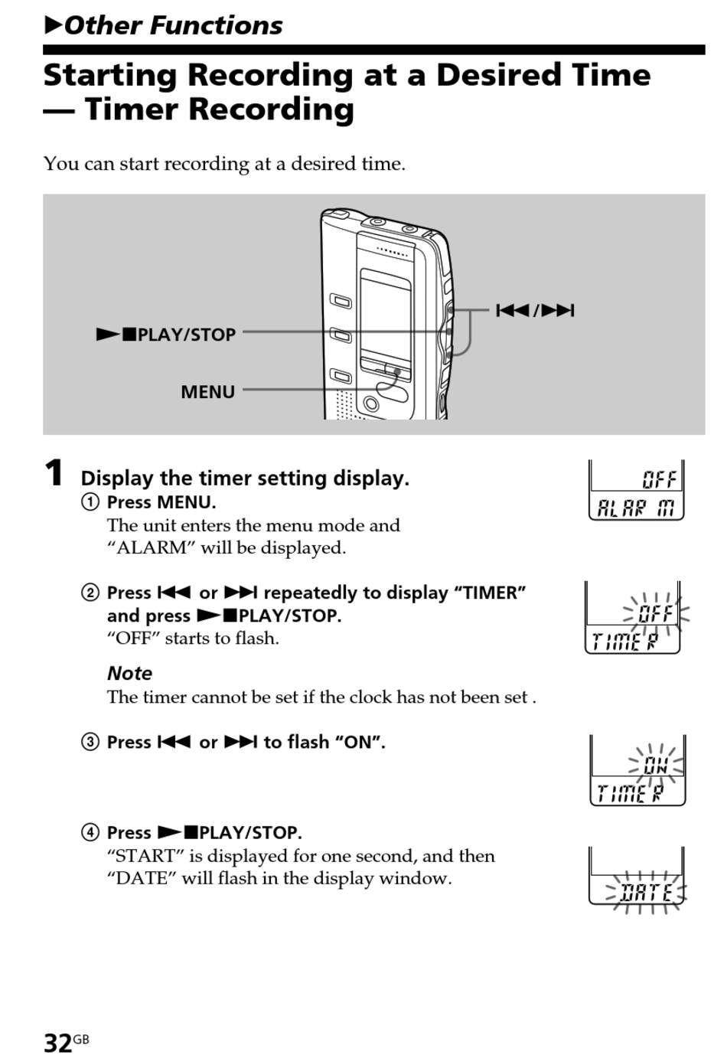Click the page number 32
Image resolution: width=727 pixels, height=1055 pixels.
click(x=57, y=1042)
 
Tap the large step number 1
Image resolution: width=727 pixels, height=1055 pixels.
click(x=54, y=473)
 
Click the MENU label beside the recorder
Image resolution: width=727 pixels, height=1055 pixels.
click(x=207, y=392)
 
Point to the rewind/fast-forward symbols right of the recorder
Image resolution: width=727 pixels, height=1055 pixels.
click(x=535, y=310)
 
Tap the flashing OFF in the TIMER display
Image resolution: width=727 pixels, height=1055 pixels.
click(x=656, y=613)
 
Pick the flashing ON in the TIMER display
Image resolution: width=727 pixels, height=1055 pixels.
click(x=656, y=765)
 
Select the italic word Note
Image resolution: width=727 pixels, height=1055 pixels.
click(x=129, y=673)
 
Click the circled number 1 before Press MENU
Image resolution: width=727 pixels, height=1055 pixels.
click(x=90, y=502)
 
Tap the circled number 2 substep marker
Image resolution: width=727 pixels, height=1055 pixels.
click(x=90, y=593)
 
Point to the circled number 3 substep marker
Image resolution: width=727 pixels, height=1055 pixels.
click(x=90, y=742)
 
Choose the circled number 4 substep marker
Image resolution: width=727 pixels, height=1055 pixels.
click(x=90, y=832)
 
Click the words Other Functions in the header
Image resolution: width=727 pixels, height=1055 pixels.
click(x=173, y=25)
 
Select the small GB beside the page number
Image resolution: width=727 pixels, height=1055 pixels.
click(x=81, y=1039)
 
